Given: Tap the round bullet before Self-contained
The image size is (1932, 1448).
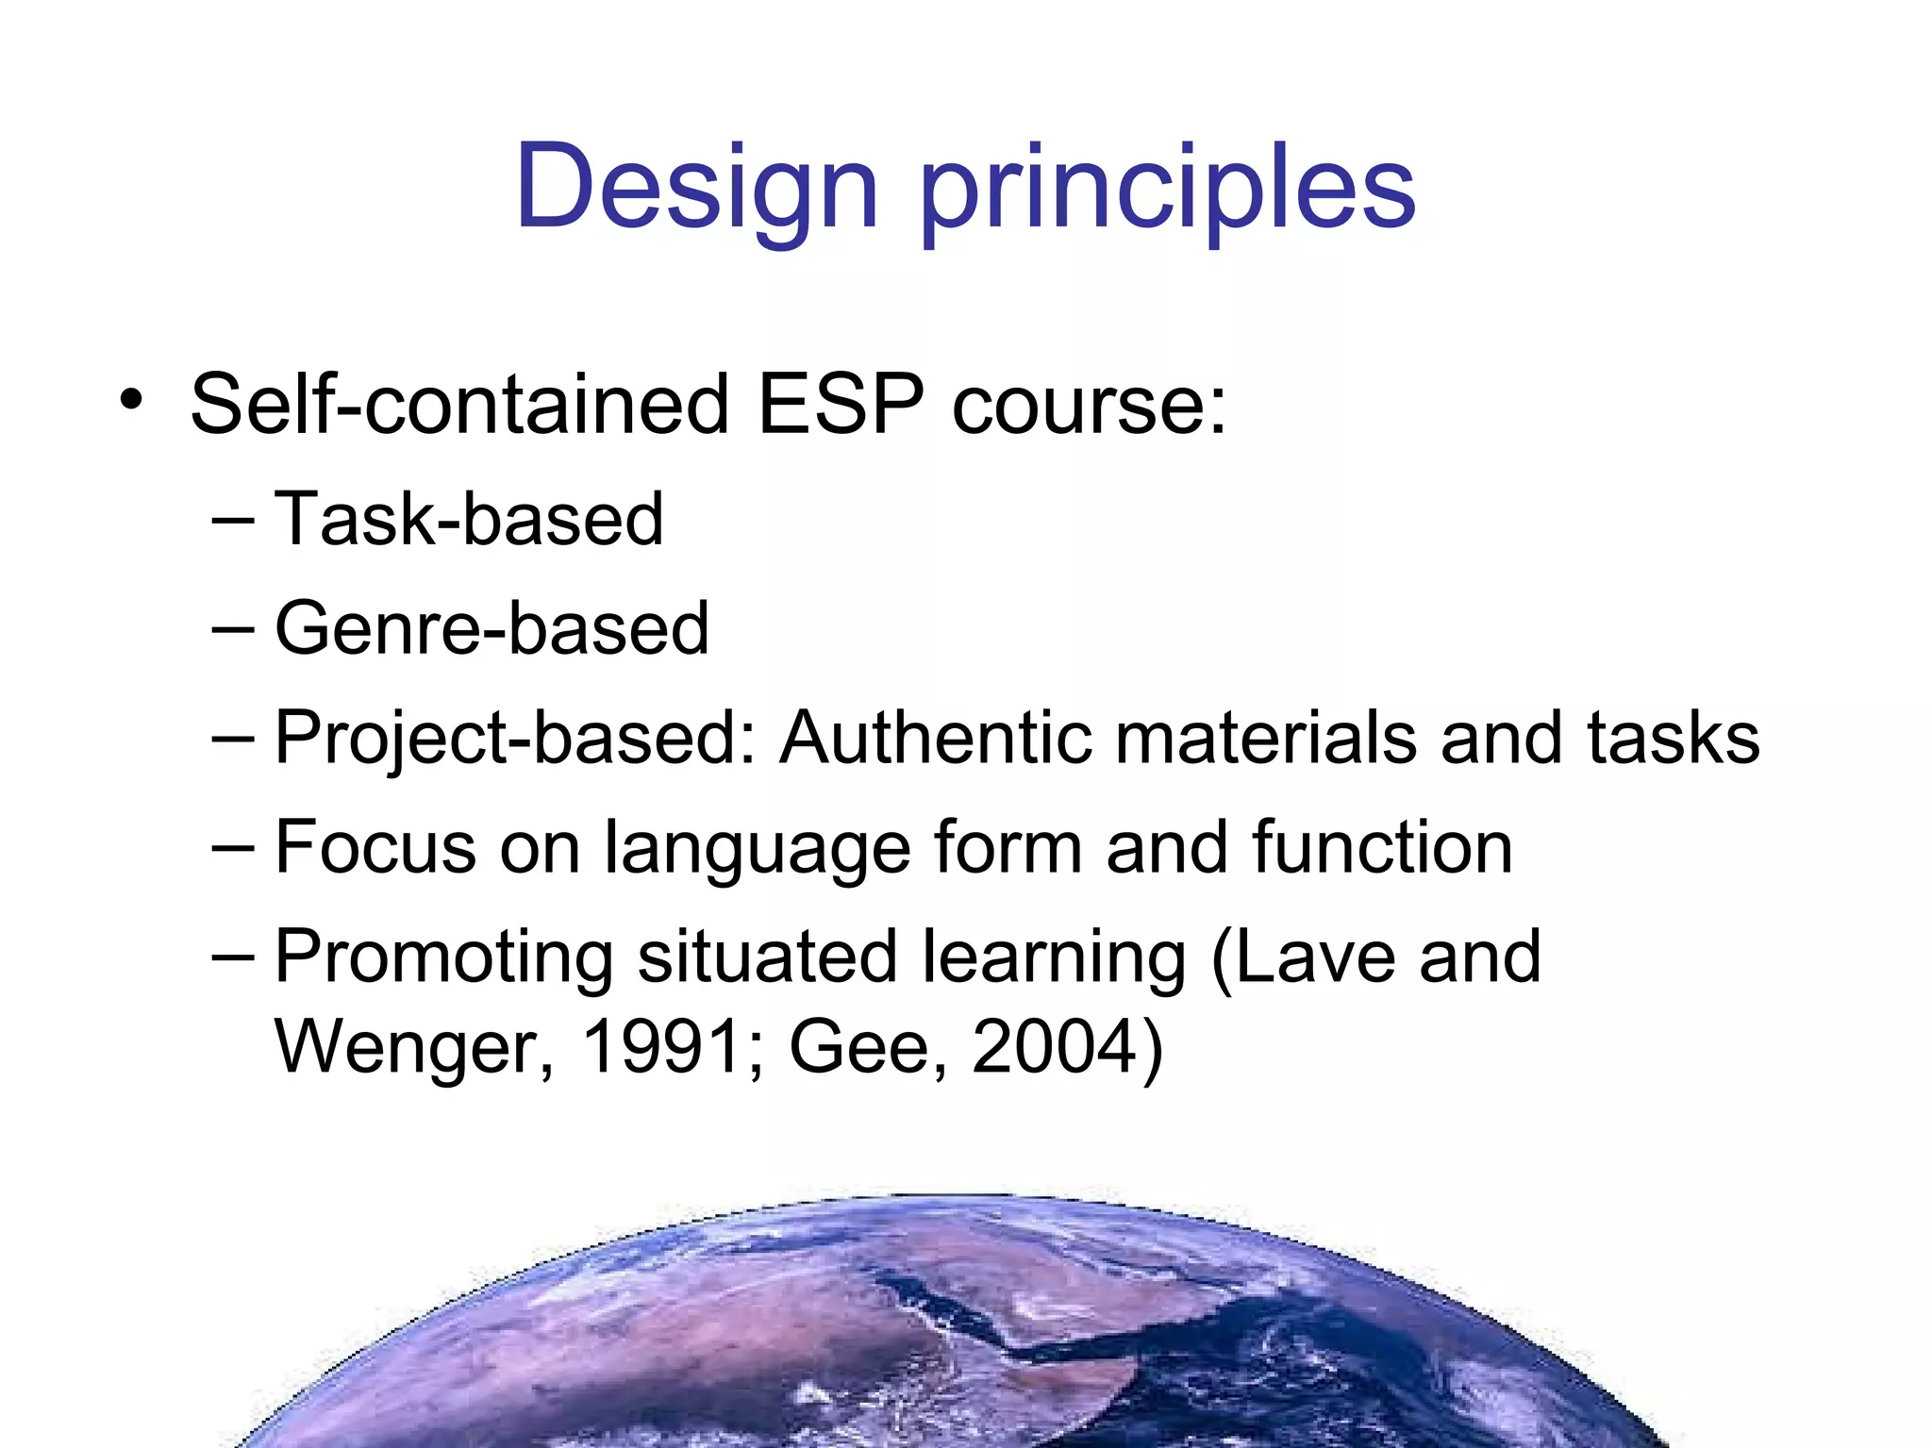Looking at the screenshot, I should coord(131,400).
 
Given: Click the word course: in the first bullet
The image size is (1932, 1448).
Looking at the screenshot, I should coord(1089,406).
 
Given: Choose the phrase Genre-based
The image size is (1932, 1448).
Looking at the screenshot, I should coord(491,628).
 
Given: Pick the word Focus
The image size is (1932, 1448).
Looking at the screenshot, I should coord(375,846).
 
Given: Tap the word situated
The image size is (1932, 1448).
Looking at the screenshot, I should coord(767,956).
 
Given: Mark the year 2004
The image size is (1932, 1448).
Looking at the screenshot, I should coord(1055,1046).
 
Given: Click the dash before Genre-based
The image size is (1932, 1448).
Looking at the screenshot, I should coord(233,628).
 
